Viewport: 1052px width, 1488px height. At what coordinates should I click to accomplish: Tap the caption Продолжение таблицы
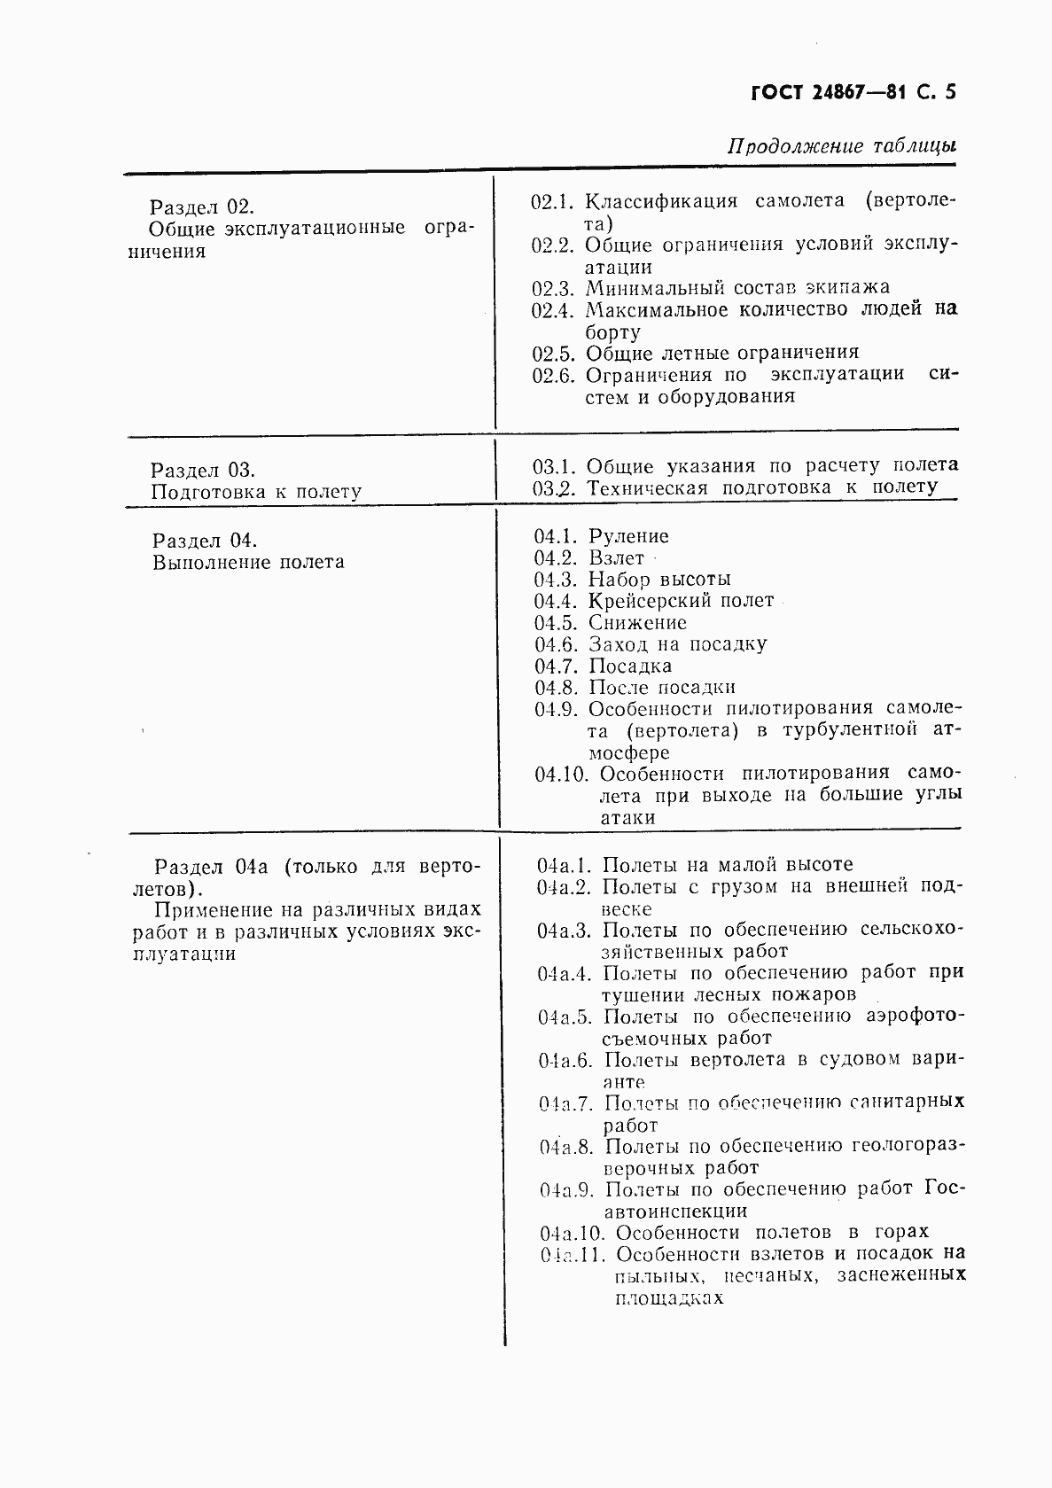coord(841,146)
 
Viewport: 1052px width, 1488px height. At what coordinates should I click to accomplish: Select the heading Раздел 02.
coord(201,207)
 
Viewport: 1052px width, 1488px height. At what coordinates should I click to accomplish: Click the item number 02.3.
coord(555,288)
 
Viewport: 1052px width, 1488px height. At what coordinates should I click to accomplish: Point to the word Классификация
coord(661,201)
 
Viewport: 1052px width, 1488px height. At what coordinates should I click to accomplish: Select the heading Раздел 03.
coord(203,471)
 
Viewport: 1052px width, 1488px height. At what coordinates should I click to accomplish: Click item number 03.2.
coord(556,487)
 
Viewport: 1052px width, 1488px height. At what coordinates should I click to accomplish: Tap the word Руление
coord(628,536)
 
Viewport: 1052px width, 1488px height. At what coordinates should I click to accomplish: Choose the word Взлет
coord(616,558)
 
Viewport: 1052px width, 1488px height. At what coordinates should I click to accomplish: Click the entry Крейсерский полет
coord(681,601)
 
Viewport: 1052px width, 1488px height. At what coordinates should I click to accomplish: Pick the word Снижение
coord(636,623)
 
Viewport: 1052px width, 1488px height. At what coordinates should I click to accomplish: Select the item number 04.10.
coord(561,775)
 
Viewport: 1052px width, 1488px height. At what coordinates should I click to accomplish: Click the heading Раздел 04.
coord(205,541)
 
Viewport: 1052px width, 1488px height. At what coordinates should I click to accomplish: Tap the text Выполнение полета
coord(248,563)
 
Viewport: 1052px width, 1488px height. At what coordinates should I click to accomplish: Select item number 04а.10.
coord(572,1233)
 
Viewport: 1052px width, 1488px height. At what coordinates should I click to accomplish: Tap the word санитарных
coord(906,1102)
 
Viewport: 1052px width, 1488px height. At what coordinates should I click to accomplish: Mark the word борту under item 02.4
coord(612,332)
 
